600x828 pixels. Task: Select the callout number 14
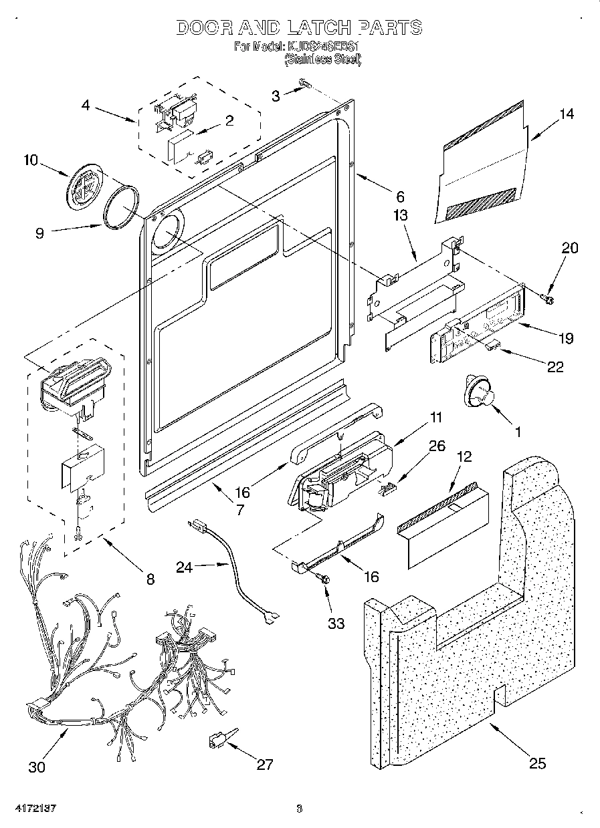click(566, 114)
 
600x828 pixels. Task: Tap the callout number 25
click(537, 763)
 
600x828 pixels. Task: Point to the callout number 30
click(37, 767)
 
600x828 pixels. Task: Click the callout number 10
click(31, 160)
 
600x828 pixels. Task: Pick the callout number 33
click(336, 623)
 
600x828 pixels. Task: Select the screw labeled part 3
click(306, 83)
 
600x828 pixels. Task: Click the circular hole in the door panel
click(165, 234)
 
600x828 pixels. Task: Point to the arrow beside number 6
click(373, 184)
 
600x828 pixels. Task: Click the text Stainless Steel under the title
click(323, 60)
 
